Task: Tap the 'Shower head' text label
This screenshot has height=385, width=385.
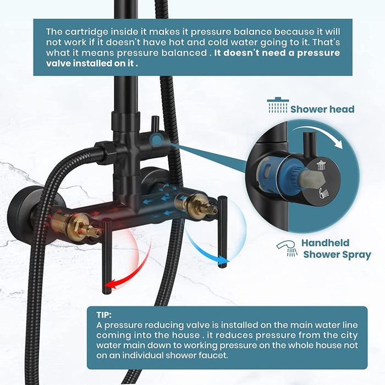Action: click(x=322, y=109)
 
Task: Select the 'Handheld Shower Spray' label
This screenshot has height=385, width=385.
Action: click(x=329, y=248)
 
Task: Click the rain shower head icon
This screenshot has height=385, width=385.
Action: click(x=277, y=106)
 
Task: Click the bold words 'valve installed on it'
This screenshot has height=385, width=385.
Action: click(x=92, y=64)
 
